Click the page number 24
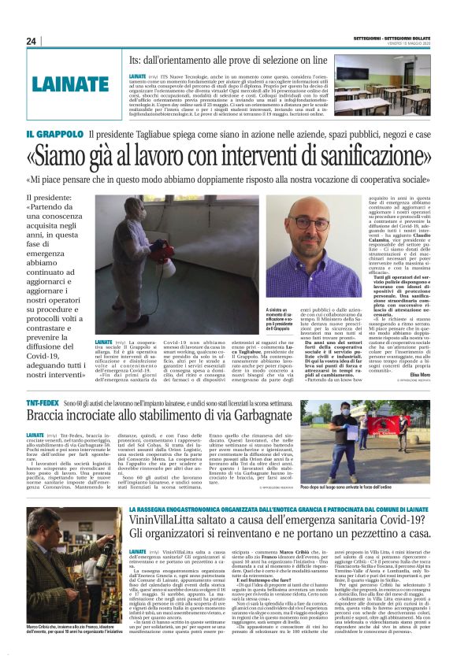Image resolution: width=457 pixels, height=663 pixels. click(32, 41)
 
